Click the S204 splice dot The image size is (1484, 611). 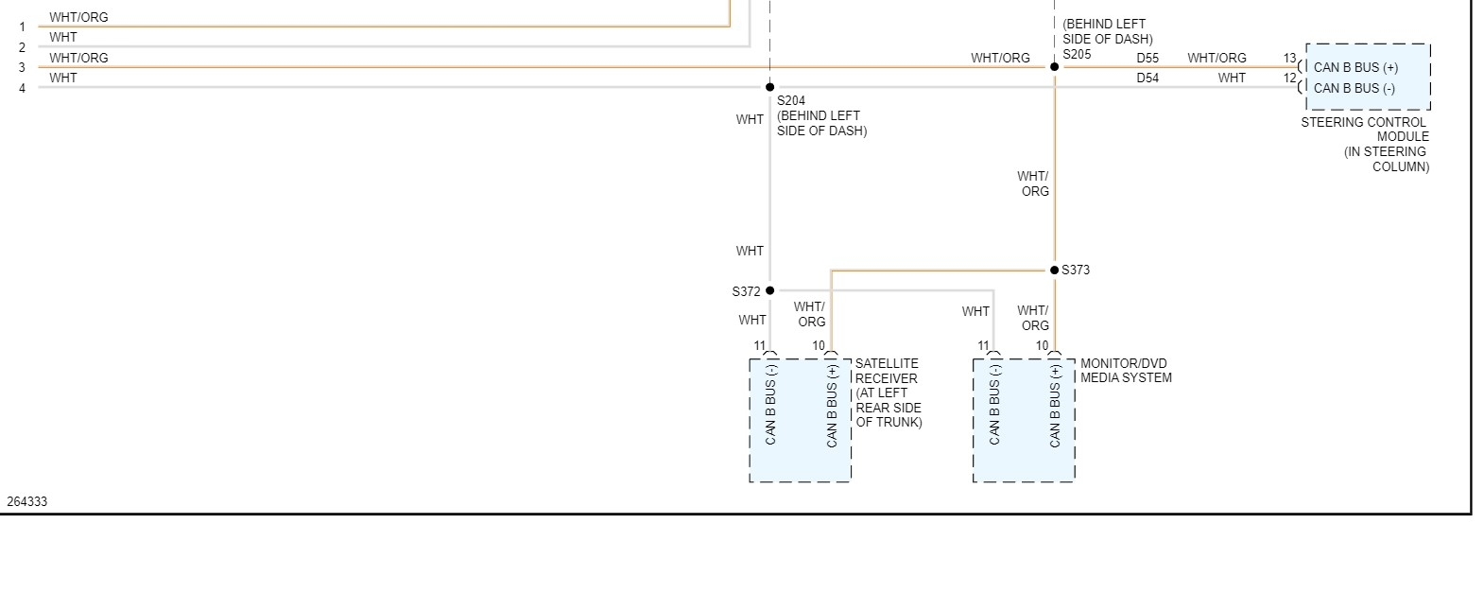coord(770,87)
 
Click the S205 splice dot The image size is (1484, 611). coord(1055,67)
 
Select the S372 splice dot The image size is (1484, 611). coord(770,290)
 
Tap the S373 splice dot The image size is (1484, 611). coord(1055,271)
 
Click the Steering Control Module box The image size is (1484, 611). coord(1368,77)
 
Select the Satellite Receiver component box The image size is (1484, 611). coord(801,420)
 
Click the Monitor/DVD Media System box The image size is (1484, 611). coord(1024,420)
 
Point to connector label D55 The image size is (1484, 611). coord(1148,58)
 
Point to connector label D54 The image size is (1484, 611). coord(1148,79)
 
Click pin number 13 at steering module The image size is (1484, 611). coord(1289,58)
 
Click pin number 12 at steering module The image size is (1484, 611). coord(1289,78)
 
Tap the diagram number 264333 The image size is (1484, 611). coord(27,501)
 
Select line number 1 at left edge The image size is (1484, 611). coord(22,27)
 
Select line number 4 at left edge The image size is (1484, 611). coord(22,89)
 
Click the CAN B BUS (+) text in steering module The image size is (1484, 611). coord(1355,67)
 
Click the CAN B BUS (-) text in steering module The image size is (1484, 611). coord(1354,88)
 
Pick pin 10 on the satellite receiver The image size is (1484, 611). coord(819,346)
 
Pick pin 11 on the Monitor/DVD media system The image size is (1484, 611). coord(984,346)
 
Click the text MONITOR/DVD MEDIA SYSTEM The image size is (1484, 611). coord(1126,371)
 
